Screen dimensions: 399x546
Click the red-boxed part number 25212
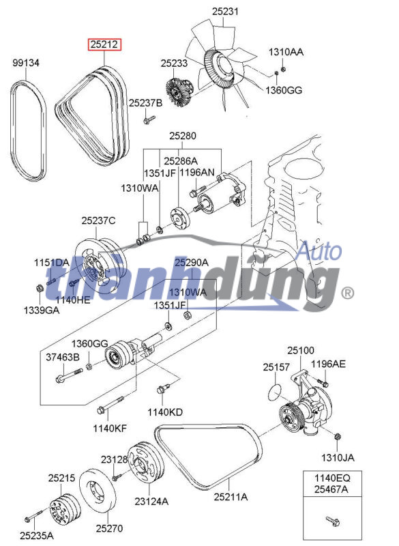click(104, 44)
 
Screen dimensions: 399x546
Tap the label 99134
click(26, 63)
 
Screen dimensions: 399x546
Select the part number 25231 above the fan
click(225, 12)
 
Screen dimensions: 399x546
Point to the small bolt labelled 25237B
click(149, 119)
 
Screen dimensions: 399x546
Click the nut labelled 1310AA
click(282, 69)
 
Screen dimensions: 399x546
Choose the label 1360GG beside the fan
click(284, 90)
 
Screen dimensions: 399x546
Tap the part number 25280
click(183, 136)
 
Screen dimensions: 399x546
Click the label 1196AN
click(197, 172)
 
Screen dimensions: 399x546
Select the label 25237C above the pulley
click(98, 220)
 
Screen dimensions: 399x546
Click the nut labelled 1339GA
click(40, 288)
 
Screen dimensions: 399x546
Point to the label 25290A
click(192, 262)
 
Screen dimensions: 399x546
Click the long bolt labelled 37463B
click(69, 375)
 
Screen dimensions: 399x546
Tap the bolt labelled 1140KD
click(163, 388)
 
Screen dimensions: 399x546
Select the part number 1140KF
click(110, 429)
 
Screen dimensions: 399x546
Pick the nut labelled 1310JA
click(337, 437)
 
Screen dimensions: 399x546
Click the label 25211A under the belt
click(231, 497)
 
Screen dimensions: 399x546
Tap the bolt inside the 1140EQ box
click(333, 521)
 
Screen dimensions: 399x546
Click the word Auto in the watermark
click(319, 251)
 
